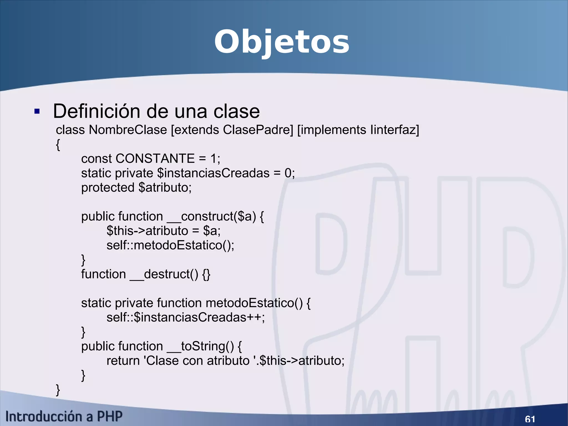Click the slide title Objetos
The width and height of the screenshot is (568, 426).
coord(282,42)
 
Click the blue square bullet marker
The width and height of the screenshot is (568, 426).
coord(37,112)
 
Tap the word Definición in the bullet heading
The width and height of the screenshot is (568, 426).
coord(97,111)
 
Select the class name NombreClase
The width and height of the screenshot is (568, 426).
coord(128,130)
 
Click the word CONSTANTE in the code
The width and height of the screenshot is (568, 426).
coord(155,159)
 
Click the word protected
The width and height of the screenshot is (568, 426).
coord(108,188)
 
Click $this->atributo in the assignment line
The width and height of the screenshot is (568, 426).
coord(147,231)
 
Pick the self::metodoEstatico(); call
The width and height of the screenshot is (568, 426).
coord(170,245)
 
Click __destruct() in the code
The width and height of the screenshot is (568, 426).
coord(164,274)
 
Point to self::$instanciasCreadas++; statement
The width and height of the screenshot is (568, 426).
coord(186,317)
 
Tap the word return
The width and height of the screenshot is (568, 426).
coord(123,361)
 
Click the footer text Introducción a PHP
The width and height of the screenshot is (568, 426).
coord(64,417)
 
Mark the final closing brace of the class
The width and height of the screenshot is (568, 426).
coord(58,390)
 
